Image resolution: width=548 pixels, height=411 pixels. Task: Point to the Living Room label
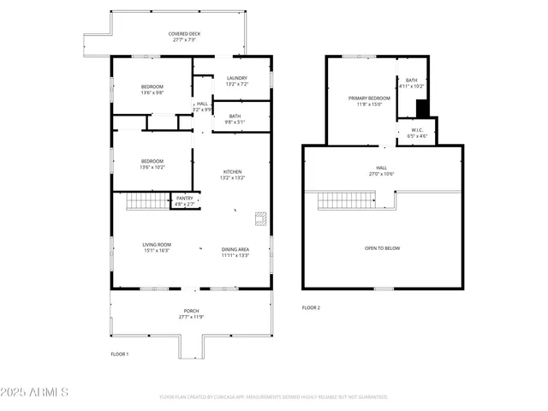pyautogui.click(x=157, y=247)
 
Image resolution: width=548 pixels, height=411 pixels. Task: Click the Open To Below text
pyautogui.click(x=382, y=248)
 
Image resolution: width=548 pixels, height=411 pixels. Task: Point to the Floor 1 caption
pyautogui.click(x=120, y=354)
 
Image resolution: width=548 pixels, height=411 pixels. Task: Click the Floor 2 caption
pyautogui.click(x=311, y=307)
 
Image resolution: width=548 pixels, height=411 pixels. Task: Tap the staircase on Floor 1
pyautogui.click(x=145, y=202)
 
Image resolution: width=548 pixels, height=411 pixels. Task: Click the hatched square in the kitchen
pyautogui.click(x=260, y=217)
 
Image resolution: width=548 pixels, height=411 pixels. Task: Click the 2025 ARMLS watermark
pyautogui.click(x=35, y=392)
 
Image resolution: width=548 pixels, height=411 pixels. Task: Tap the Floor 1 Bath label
pyautogui.click(x=235, y=119)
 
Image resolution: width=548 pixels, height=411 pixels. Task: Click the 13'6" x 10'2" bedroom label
pyautogui.click(x=152, y=164)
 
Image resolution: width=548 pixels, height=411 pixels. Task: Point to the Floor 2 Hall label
pyautogui.click(x=381, y=170)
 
